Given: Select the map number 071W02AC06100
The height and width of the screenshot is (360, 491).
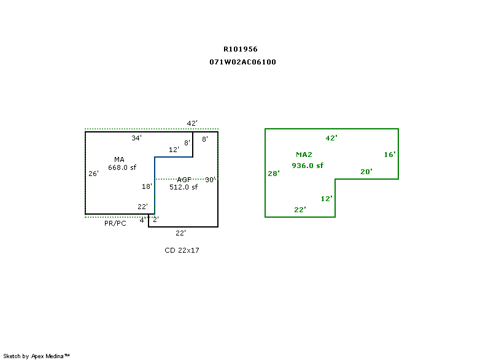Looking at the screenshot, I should pyautogui.click(x=242, y=62).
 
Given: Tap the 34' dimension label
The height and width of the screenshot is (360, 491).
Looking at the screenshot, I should pyautogui.click(x=137, y=138).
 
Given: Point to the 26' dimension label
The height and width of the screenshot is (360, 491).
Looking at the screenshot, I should pyautogui.click(x=93, y=174).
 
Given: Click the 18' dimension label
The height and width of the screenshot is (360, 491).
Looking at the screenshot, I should pyautogui.click(x=147, y=186).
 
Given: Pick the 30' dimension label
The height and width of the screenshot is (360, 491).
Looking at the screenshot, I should pyautogui.click(x=210, y=180).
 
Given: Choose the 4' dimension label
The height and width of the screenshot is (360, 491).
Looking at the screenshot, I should pyautogui.click(x=142, y=220).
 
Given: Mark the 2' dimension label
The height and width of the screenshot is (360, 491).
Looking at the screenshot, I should pyautogui.click(x=155, y=220).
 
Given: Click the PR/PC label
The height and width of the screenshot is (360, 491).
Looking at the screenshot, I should pyautogui.click(x=115, y=223).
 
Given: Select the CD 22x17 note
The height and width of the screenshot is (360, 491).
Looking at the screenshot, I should pyautogui.click(x=182, y=250).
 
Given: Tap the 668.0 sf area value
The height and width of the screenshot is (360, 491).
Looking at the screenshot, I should pyautogui.click(x=122, y=167).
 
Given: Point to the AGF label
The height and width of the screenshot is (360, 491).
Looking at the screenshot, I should pyautogui.click(x=184, y=180).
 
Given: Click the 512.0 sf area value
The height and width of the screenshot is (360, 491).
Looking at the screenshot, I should pyautogui.click(x=184, y=187).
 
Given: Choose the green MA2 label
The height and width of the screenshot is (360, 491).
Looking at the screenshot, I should pyautogui.click(x=304, y=155).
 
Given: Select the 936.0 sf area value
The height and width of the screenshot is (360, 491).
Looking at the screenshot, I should pyautogui.click(x=307, y=166).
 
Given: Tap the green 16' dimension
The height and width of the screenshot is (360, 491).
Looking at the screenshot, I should pyautogui.click(x=390, y=155).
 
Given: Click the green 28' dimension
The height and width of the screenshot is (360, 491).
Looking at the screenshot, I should pyautogui.click(x=274, y=174).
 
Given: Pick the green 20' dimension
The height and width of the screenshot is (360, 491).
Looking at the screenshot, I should pyautogui.click(x=366, y=172).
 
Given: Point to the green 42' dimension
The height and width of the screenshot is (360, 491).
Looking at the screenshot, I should pyautogui.click(x=331, y=138).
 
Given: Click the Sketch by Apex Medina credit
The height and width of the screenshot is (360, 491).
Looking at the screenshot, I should pyautogui.click(x=36, y=356).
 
